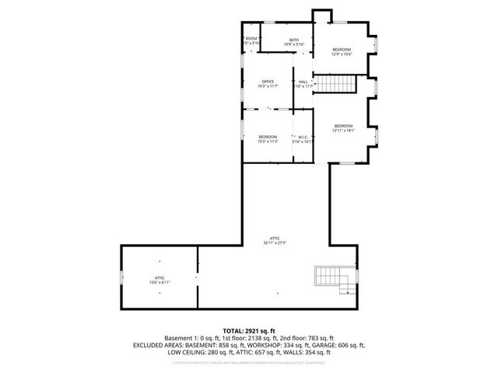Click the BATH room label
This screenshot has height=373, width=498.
[293, 40]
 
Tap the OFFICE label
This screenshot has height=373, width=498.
[268, 82]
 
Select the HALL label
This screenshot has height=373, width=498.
[303, 82]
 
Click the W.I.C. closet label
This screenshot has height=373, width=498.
[302, 137]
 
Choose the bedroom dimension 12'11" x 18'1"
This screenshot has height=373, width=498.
[344, 131]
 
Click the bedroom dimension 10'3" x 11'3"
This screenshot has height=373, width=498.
[268, 141]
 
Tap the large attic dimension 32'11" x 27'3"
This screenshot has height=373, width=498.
[275, 242]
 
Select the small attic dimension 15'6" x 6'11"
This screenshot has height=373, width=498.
[159, 282]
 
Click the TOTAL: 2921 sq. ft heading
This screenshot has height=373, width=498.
[249, 330]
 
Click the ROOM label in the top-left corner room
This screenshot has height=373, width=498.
[251, 38]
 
